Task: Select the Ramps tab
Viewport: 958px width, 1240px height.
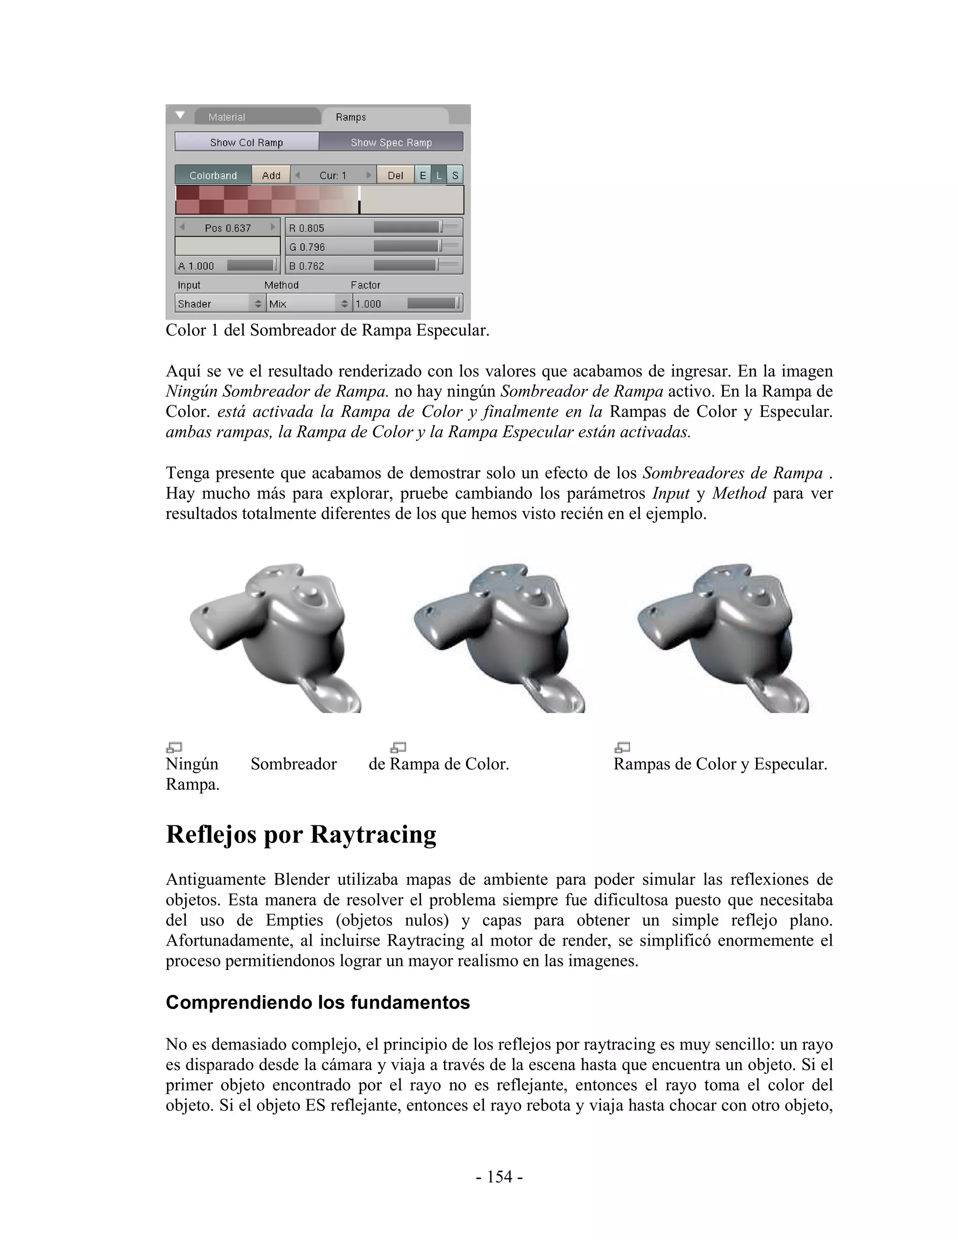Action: pyautogui.click(x=350, y=117)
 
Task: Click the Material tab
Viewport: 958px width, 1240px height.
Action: pyautogui.click(x=226, y=117)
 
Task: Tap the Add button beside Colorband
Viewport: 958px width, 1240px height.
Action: pyautogui.click(x=271, y=175)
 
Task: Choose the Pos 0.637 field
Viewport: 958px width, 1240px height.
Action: pyautogui.click(x=228, y=228)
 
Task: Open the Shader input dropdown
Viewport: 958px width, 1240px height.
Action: pyautogui.click(x=220, y=304)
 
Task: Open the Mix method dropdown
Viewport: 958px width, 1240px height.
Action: pyautogui.click(x=309, y=304)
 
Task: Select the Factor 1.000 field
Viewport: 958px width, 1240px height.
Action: pyautogui.click(x=407, y=304)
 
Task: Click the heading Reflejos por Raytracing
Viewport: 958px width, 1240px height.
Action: pyautogui.click(x=301, y=835)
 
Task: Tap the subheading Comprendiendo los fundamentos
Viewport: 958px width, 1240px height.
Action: pyautogui.click(x=318, y=1002)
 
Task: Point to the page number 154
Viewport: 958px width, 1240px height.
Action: pyautogui.click(x=500, y=1176)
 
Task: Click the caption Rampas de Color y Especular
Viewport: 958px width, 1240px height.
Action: pyautogui.click(x=719, y=764)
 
